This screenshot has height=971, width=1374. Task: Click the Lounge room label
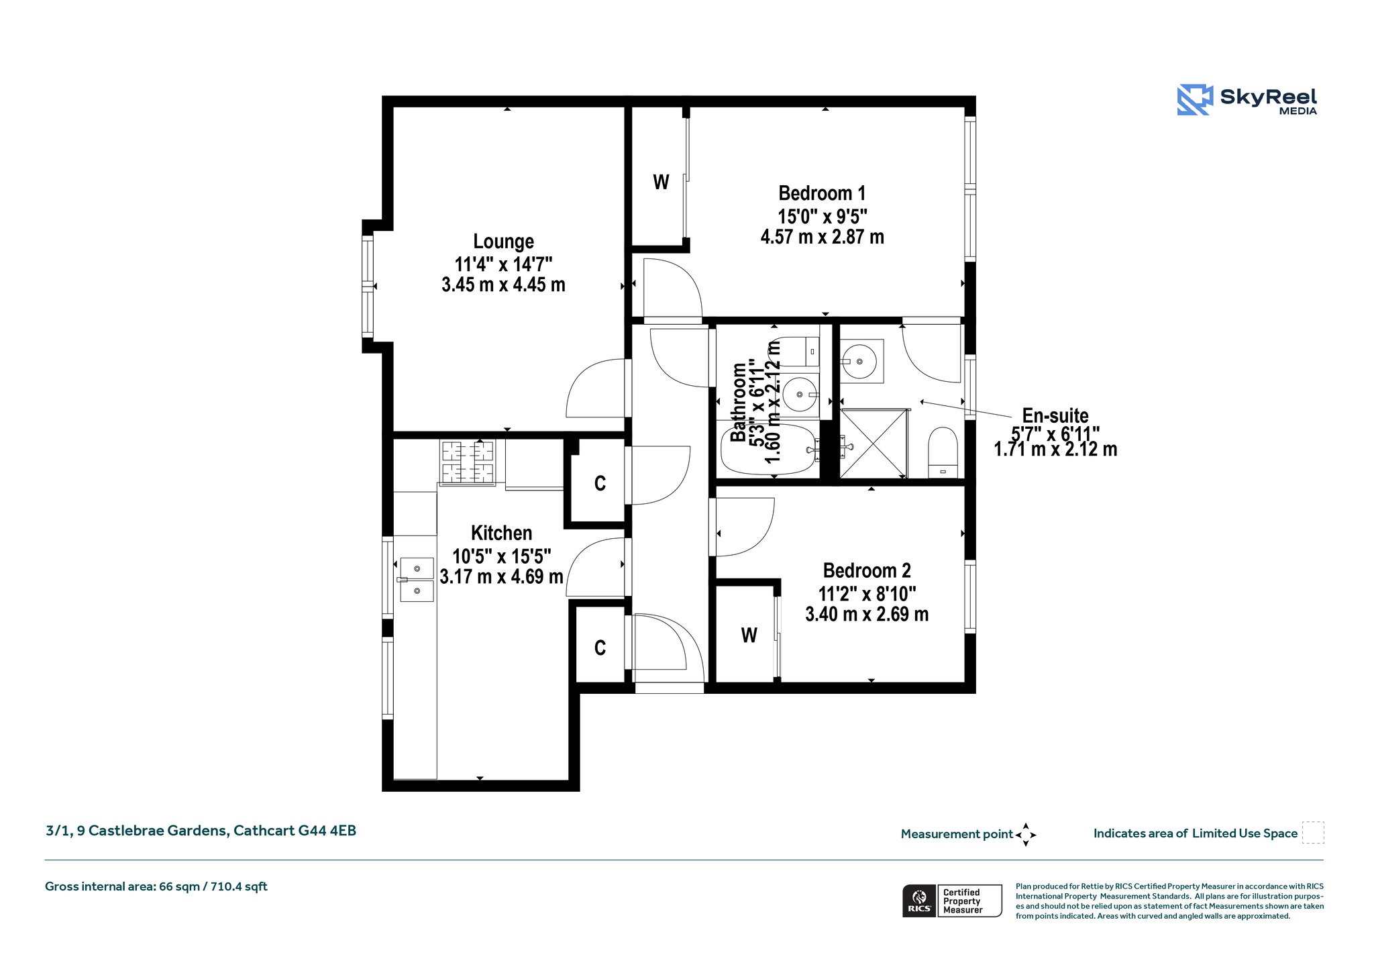(503, 241)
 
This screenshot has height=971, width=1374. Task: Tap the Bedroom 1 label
(822, 193)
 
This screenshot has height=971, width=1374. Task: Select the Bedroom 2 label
(867, 570)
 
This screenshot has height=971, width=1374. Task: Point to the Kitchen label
(501, 533)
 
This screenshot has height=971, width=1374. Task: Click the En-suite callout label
(1055, 415)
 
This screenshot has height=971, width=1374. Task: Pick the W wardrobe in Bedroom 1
(661, 182)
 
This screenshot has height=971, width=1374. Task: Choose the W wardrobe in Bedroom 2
(749, 635)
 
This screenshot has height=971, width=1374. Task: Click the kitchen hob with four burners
(468, 462)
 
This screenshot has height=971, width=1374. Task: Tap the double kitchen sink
(417, 579)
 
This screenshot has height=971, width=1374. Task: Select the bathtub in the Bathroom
(770, 448)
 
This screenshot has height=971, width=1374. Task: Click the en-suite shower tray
(874, 444)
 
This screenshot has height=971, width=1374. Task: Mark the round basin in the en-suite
(861, 362)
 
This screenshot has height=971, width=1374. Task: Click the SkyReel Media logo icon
(1195, 100)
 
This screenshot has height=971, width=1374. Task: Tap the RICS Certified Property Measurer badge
(952, 901)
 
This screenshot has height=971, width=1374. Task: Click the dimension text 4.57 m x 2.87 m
(822, 237)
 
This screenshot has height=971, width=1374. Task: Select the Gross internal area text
(156, 886)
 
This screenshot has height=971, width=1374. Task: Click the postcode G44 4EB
(327, 831)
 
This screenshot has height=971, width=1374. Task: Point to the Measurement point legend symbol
(1026, 835)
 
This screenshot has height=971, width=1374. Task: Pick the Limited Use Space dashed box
(1313, 833)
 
